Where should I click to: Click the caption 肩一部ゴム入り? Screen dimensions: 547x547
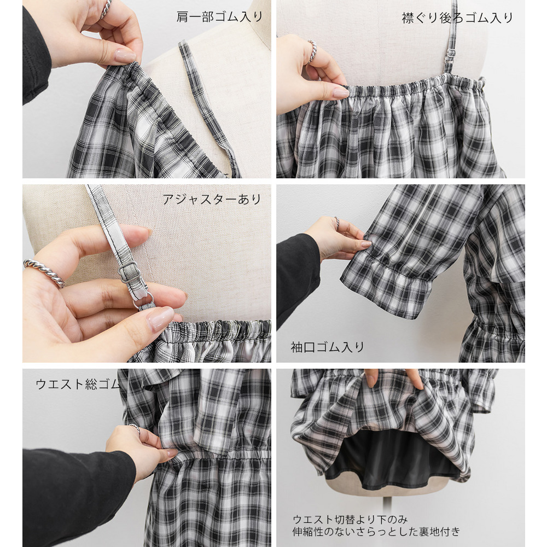pyautogui.click(x=219, y=17)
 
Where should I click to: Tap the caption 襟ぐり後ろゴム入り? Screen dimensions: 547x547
pyautogui.click(x=457, y=18)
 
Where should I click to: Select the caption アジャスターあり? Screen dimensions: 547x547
pyautogui.click(x=212, y=199)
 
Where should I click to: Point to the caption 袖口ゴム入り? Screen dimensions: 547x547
pyautogui.click(x=327, y=347)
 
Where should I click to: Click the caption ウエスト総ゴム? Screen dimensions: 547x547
pyautogui.click(x=78, y=384)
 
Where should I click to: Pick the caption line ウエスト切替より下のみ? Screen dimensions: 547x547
pyautogui.click(x=350, y=520)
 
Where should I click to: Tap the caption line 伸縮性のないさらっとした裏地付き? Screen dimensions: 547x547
pyautogui.click(x=376, y=532)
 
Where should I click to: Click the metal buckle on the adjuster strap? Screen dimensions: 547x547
pyautogui.click(x=130, y=272)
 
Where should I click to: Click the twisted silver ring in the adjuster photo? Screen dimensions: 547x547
pyautogui.click(x=44, y=272)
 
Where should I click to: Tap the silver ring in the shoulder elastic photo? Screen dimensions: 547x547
pyautogui.click(x=106, y=9)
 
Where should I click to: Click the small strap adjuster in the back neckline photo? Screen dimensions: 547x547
pyautogui.click(x=451, y=54)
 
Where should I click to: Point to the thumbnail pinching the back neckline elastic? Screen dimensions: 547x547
pyautogui.click(x=340, y=92)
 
